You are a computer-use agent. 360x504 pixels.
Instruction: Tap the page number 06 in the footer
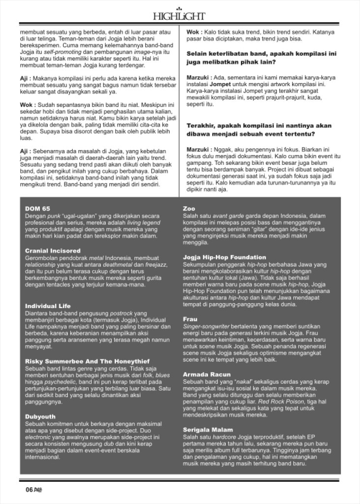coord(29,489)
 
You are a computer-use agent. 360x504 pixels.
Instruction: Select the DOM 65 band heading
coord(37,208)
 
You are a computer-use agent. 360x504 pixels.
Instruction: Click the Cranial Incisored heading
coord(53,251)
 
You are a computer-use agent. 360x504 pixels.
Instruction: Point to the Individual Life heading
coord(48,306)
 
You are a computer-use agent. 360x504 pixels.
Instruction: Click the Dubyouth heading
coord(40,416)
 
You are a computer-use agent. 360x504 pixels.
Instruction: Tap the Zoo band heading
coord(189,208)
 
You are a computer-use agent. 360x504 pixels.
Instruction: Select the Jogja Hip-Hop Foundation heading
coord(224,257)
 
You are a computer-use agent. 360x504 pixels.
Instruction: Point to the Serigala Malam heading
coord(208,430)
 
